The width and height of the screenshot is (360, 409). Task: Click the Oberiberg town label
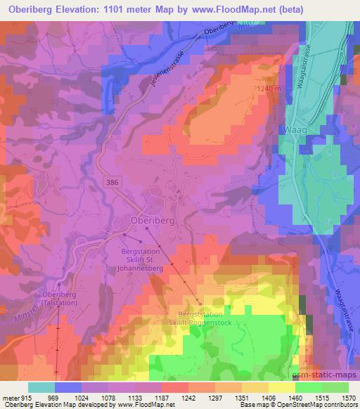[x=153, y=219]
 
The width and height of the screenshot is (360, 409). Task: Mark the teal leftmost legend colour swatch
[x=41, y=387]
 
